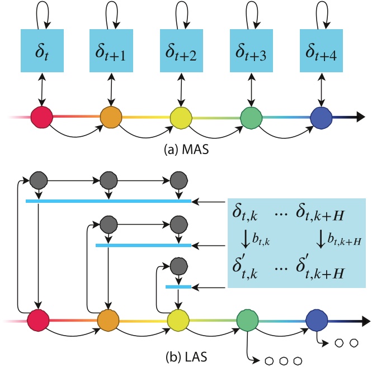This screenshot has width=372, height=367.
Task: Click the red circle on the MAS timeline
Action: (x=41, y=118)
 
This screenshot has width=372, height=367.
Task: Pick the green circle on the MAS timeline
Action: (x=251, y=118)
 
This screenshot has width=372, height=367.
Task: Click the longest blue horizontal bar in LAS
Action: (x=109, y=201)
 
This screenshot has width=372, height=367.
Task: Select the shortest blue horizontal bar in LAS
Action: (x=178, y=287)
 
